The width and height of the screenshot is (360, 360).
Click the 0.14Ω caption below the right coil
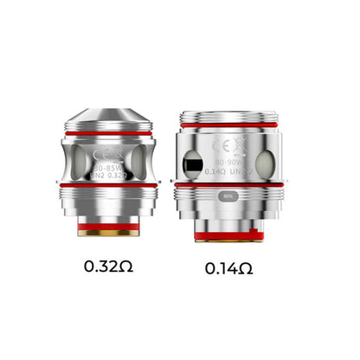[x=229, y=268]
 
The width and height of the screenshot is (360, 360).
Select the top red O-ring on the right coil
[x=229, y=126]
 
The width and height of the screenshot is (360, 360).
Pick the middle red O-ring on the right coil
[x=229, y=183]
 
